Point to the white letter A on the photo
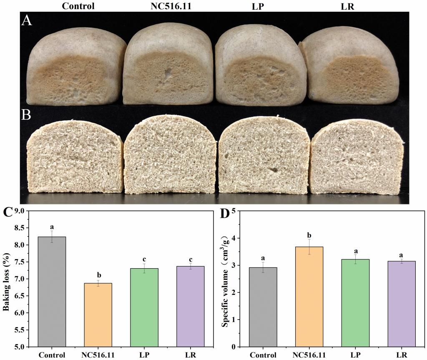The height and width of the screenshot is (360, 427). (27, 21)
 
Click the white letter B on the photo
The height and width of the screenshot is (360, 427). (26, 115)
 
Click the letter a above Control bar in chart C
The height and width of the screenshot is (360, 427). (52, 227)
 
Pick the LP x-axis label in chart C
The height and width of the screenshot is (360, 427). (145, 355)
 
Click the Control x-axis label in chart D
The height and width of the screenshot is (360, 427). (262, 355)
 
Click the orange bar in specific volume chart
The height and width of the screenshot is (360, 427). (309, 296)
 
